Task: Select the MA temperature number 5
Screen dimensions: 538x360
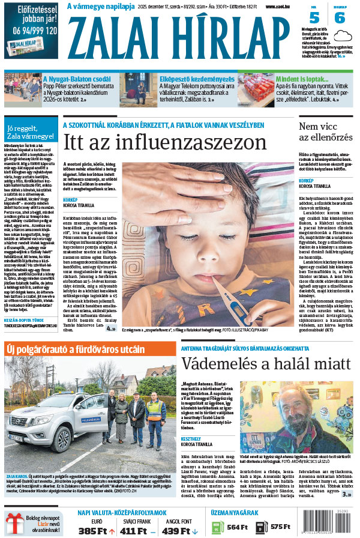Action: [314, 17]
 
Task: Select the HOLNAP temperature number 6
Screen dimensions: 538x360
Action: [340, 17]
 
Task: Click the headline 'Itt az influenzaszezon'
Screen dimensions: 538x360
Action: [165, 142]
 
